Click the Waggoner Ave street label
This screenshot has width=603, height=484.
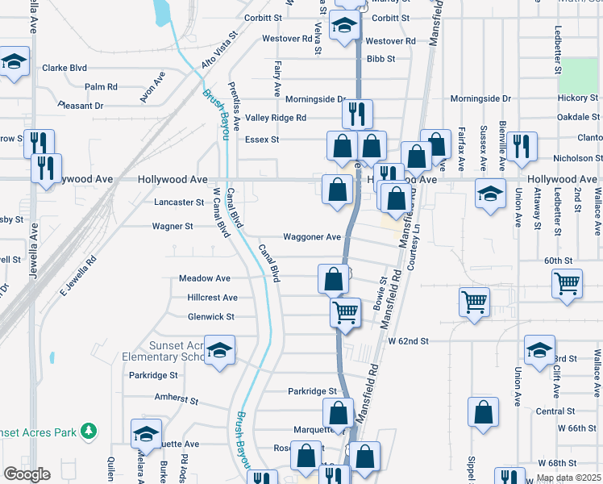tap(311, 237)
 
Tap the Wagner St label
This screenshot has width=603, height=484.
tap(173, 227)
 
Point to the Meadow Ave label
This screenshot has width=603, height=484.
tap(204, 278)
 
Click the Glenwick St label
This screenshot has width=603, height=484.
tap(210, 317)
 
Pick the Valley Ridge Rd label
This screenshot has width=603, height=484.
tap(276, 118)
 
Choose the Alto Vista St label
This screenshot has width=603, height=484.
tap(222, 50)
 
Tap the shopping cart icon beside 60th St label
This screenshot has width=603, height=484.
tap(568, 282)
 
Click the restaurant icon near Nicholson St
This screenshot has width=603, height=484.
tap(522, 145)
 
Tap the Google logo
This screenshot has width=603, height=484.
tap(27, 474)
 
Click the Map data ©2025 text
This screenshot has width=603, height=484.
tap(568, 478)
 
